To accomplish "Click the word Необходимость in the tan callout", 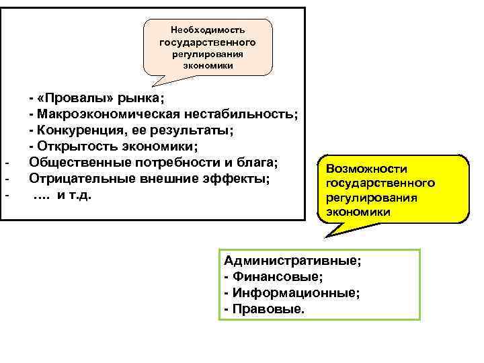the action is [x=208, y=30].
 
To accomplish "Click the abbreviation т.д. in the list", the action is [x=87, y=196].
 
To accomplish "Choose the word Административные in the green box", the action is [x=292, y=261].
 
